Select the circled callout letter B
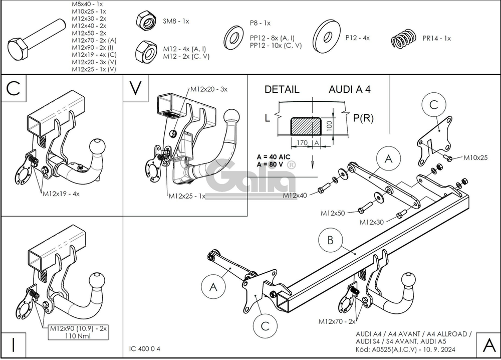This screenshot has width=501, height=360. pos(330,241)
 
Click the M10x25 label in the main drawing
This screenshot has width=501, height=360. pos(475,158)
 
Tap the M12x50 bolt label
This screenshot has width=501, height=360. pos(333,213)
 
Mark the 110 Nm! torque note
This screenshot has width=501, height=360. pos(78,336)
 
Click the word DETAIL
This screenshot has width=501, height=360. pos(282,90)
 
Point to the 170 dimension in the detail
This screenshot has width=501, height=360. pos(302,142)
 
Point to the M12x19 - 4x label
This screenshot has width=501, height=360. pos(61,193)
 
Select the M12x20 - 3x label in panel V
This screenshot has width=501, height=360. pos(208,89)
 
